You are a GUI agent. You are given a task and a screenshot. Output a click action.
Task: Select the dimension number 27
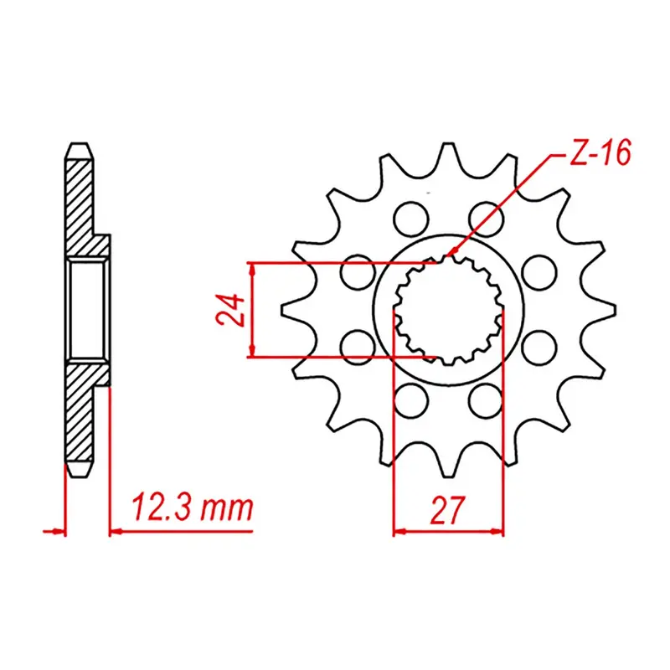449,509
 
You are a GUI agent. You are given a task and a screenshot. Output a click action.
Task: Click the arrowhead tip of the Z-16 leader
451,255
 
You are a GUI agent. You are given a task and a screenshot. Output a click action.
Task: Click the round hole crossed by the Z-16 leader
487,219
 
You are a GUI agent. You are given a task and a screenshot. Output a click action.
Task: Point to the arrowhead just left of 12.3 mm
116,530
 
